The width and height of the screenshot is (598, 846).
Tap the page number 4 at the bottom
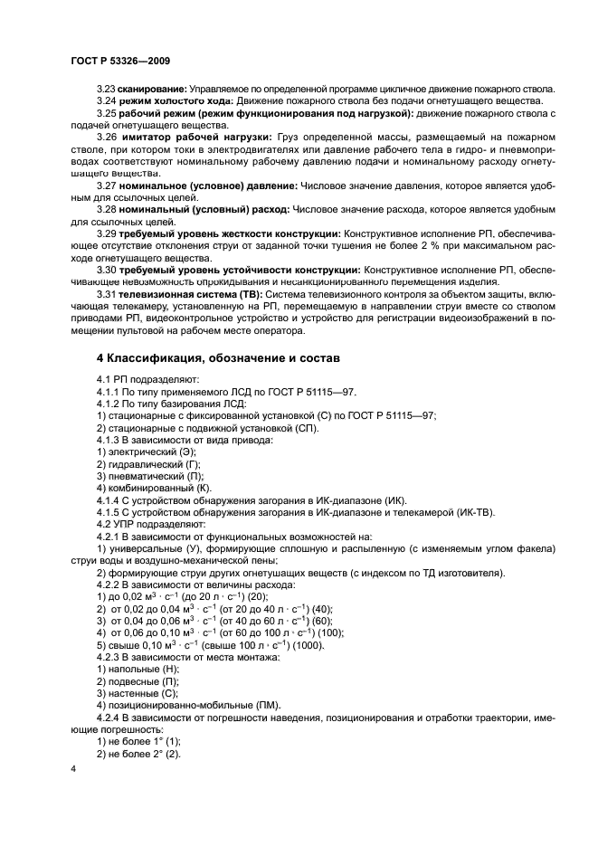[x=73, y=767]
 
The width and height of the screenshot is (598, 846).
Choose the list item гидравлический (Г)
[x=154, y=463]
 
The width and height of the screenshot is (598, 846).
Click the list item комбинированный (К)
[x=157, y=489]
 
